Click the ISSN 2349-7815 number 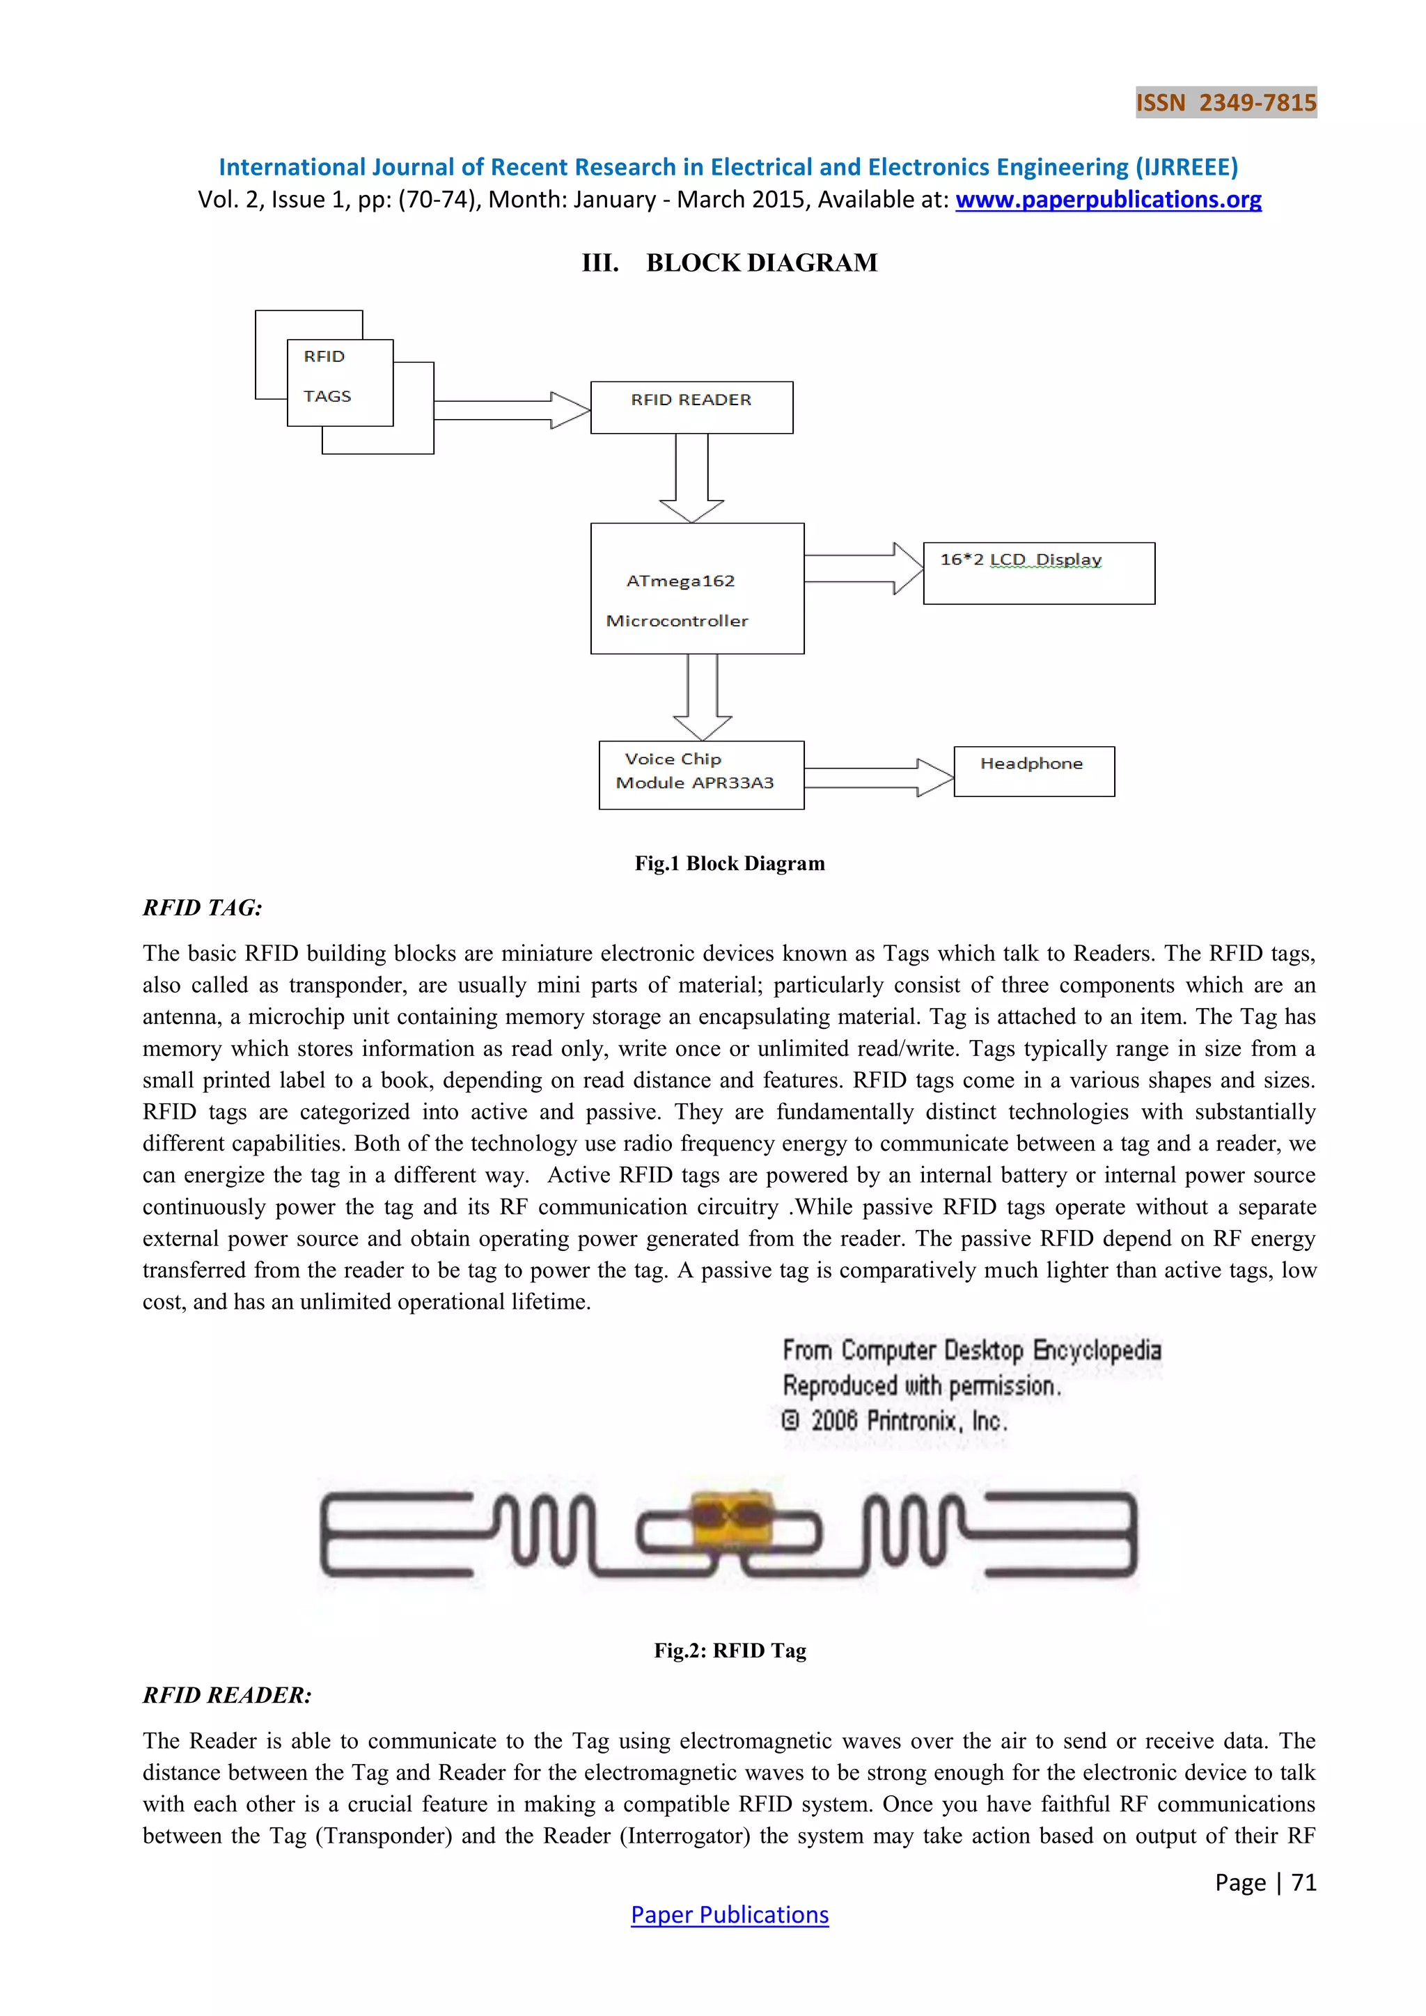1225,103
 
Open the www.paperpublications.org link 1108,200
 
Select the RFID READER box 691,407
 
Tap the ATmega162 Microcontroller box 697,588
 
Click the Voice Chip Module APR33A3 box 700,774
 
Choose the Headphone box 1033,771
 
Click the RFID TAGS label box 340,383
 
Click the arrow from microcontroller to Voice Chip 703,697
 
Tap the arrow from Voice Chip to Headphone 878,777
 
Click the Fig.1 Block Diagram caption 730,863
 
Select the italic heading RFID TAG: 203,908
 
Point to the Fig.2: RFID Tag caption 730,1650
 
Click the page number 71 1304,1882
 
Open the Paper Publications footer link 730,1914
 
